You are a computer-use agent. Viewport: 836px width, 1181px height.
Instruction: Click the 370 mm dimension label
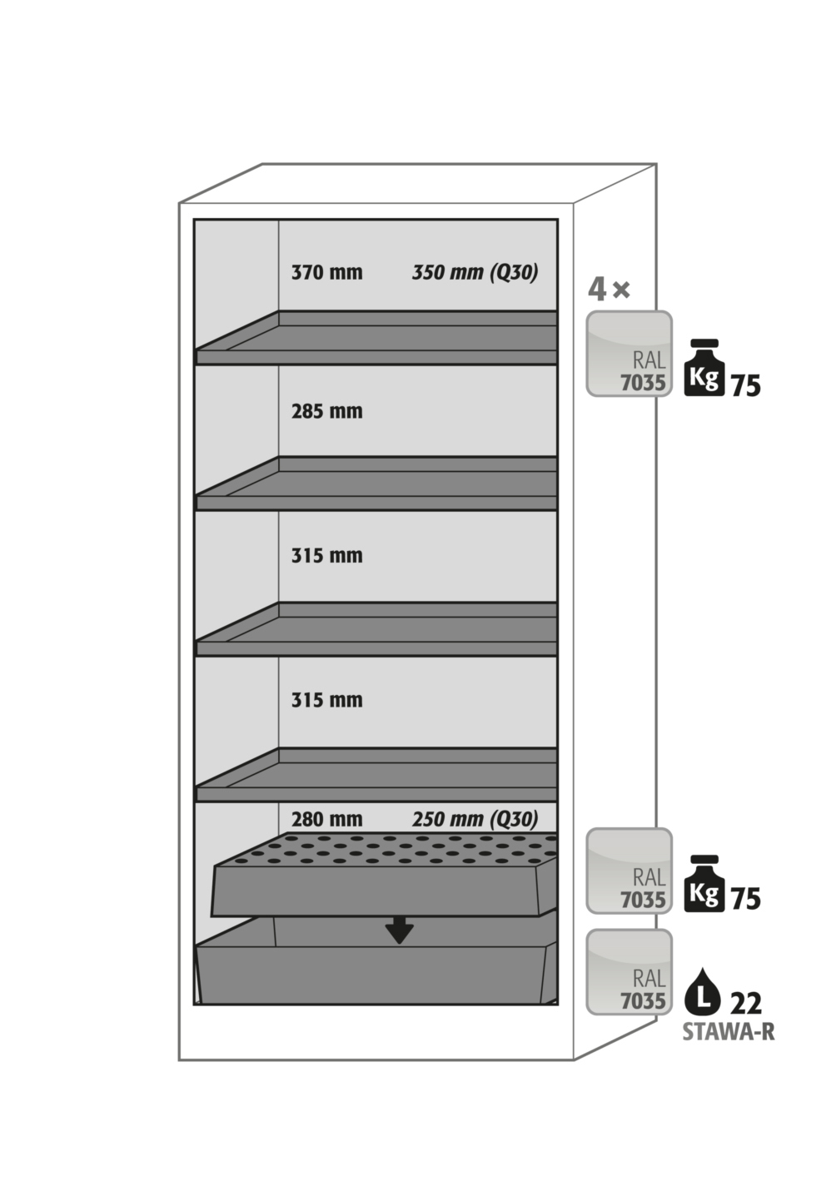[x=326, y=273]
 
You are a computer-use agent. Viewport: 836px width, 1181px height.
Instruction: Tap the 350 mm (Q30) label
[x=475, y=273]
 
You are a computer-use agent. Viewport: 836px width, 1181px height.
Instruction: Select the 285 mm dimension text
[x=326, y=411]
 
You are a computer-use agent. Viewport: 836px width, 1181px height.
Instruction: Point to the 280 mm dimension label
[x=326, y=819]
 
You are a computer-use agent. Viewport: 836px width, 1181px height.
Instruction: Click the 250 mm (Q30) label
[x=475, y=819]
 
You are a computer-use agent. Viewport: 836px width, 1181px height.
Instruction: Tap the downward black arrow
[x=400, y=930]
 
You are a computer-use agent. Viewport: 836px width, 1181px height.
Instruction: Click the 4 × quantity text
[x=609, y=290]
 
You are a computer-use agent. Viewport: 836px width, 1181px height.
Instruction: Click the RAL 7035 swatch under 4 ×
[x=629, y=354]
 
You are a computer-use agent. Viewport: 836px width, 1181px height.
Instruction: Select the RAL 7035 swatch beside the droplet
[x=629, y=972]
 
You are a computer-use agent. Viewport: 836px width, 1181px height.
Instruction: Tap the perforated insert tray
[x=385, y=876]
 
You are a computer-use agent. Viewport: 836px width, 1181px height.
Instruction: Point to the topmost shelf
[x=376, y=337]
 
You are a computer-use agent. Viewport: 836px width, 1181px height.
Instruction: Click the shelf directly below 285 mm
[x=376, y=483]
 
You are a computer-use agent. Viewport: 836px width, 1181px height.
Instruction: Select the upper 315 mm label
[x=326, y=556]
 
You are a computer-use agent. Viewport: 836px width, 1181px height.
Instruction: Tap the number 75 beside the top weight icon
[x=745, y=385]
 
